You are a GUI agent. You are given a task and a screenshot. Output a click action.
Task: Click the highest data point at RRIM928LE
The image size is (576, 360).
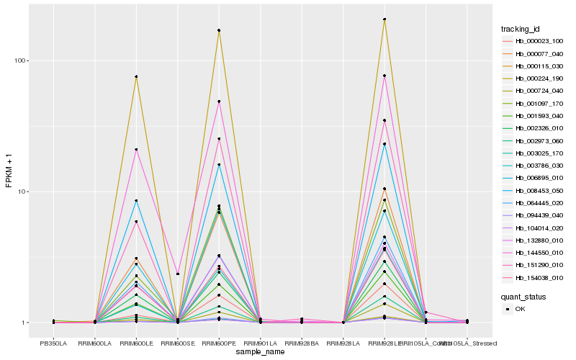pyautogui.click(x=384, y=19)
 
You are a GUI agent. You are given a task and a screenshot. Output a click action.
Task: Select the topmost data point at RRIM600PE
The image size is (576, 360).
pyautogui.click(x=219, y=30)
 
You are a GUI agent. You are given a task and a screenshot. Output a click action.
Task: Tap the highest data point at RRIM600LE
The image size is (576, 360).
pyautogui.click(x=136, y=76)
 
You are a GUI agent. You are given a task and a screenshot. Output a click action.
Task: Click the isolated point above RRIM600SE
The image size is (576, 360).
pyautogui.click(x=178, y=274)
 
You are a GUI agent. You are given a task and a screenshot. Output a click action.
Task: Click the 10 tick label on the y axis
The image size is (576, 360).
pyautogui.click(x=22, y=192)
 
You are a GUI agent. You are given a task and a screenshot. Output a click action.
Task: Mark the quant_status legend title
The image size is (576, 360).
pyautogui.click(x=523, y=297)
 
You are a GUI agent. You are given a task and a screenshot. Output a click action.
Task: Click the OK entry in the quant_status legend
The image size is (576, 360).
pyautogui.click(x=518, y=309)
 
